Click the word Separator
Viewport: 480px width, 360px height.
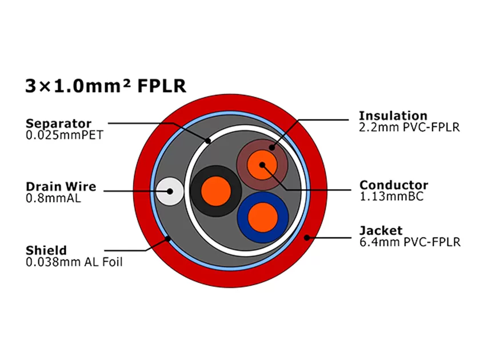point(58,123)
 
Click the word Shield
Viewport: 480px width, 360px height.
point(46,250)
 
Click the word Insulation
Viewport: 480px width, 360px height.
point(393,116)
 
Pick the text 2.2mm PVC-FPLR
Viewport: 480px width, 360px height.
point(409,128)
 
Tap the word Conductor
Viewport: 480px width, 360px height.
point(393,185)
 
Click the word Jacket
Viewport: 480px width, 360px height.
point(381,231)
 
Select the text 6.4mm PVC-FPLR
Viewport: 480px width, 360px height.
point(409,243)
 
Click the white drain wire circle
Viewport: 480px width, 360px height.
point(170,191)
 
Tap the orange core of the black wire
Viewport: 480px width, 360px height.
point(215,190)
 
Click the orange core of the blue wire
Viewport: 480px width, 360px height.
point(263,217)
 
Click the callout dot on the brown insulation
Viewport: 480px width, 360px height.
point(272,149)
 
